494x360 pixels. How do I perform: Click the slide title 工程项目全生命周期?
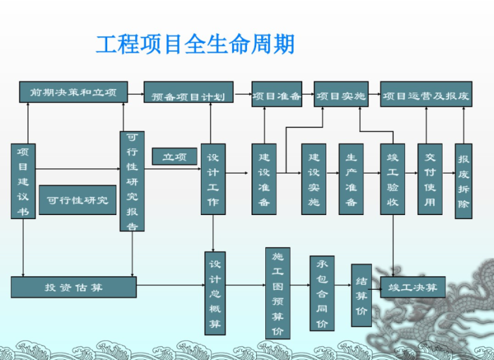[195, 44]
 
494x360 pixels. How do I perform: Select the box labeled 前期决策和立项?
[73, 93]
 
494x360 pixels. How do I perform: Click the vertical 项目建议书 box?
[23, 181]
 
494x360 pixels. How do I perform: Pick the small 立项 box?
[174, 157]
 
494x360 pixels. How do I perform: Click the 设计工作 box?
[213, 179]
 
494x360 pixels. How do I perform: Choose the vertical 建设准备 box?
[264, 179]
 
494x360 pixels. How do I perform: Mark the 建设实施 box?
[313, 179]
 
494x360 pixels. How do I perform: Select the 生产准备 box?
[351, 179]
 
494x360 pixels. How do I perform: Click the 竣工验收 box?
[392, 179]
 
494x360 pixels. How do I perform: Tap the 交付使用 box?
[430, 179]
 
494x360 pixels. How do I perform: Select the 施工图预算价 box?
[278, 293]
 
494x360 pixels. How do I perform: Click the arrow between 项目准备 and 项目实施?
[307, 96]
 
